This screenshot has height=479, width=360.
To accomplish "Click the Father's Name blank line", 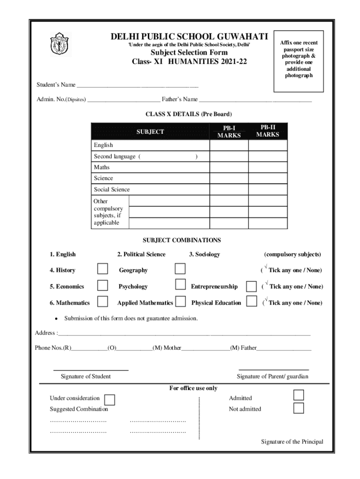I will (255, 100).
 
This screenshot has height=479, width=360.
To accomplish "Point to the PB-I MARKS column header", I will (229, 131).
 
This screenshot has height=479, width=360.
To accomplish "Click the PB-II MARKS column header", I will (268, 131).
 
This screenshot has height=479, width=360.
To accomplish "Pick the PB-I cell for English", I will (229, 145).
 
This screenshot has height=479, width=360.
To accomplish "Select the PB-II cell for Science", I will (268, 178).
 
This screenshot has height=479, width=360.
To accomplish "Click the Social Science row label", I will (112, 189).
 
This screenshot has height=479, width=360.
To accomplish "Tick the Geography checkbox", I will (180, 269).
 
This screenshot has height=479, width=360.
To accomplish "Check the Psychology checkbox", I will (180, 285).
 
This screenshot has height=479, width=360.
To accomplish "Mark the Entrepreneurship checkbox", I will (252, 286).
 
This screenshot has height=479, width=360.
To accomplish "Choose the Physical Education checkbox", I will (252, 302).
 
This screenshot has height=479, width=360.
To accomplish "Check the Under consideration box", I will (110, 399).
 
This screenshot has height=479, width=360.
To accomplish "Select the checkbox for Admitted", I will (299, 396).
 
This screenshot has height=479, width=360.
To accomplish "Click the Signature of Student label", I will (86, 377).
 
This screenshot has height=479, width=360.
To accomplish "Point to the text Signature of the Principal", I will (292, 442).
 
